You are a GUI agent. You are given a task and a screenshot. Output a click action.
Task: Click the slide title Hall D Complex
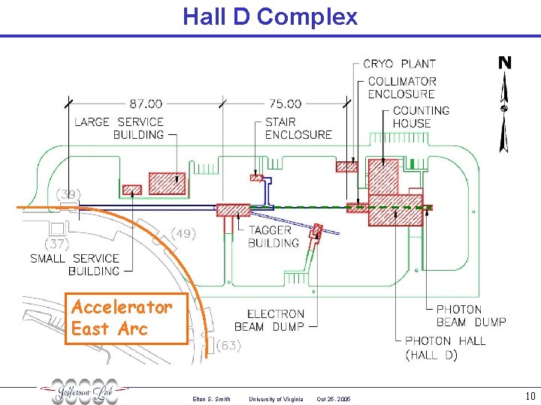[x=270, y=16]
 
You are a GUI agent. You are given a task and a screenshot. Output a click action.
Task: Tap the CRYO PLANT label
[x=399, y=64]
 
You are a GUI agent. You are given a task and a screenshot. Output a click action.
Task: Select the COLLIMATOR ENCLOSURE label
[x=402, y=88]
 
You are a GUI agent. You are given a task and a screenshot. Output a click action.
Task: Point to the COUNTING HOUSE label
[x=421, y=117]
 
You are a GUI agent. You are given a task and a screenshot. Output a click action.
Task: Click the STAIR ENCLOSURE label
[x=298, y=128]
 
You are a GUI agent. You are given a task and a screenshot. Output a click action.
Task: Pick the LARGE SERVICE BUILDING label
[x=119, y=128]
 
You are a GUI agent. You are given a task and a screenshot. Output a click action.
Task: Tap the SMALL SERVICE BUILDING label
[x=75, y=264]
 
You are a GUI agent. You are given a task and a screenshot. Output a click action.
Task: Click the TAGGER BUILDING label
[x=274, y=236]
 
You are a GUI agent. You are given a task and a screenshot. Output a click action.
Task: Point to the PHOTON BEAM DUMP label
[x=471, y=316]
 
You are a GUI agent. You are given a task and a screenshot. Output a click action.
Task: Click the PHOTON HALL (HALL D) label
[x=445, y=347]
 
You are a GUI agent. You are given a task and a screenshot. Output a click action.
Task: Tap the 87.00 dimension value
[x=146, y=103]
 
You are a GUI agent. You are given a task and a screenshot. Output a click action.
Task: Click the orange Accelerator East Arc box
[x=125, y=318]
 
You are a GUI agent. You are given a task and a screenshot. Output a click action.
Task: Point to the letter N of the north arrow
[x=505, y=63]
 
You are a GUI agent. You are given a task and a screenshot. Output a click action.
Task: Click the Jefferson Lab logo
[x=84, y=391]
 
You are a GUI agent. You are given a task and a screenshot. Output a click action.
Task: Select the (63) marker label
[x=228, y=346]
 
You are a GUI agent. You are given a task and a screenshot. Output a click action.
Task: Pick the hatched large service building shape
[x=166, y=183]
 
